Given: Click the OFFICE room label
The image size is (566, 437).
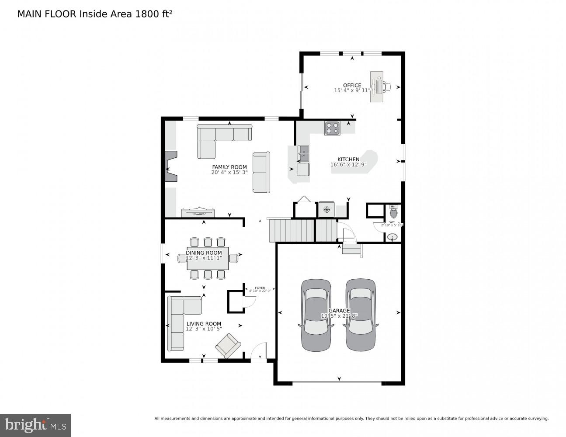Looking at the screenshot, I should coord(352,86).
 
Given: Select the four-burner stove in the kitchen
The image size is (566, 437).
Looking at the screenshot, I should coord(332,128).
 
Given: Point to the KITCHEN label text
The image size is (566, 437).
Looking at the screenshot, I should coord(348,160).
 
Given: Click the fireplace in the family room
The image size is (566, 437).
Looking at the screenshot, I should coord(170,166).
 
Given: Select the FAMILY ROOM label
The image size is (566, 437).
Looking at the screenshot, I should coord(229,167).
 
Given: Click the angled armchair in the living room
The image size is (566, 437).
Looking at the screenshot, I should coord(228,345).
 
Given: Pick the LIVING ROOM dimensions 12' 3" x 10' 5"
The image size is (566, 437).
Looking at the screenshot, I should coord(204,329).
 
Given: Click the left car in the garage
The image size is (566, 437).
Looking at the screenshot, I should coord(316,315).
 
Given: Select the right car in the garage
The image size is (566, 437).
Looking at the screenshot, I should coord(361,315).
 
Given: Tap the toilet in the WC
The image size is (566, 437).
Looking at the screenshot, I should coord(393,213).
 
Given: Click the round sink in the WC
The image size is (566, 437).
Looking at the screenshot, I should coord(392,237).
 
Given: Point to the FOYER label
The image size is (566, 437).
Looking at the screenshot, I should coord(260,288).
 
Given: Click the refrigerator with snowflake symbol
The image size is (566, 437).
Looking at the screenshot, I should coord(326,209).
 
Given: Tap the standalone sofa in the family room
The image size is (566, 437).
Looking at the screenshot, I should coord(261,172).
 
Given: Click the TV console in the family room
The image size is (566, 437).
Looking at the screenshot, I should coord(198,213).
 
